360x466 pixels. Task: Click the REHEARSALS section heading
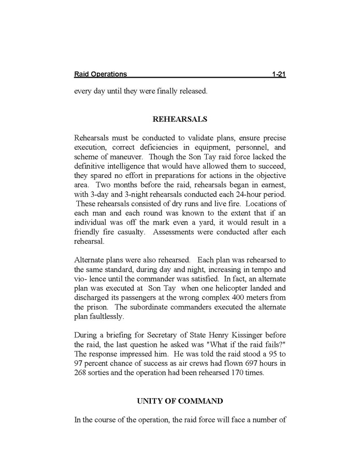[x=180, y=119]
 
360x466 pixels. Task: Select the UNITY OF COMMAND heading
[x=180, y=401]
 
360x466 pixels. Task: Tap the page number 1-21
[x=279, y=75]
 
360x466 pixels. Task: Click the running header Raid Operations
[x=100, y=75]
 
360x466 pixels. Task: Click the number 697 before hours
[x=243, y=362]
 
